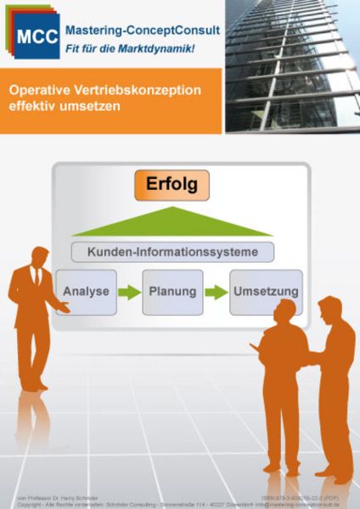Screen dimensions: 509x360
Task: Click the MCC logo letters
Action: pos(35,36)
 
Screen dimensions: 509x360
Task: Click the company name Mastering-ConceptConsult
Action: pos(143,30)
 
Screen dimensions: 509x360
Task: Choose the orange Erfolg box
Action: pos(172,184)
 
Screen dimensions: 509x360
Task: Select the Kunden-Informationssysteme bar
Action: pos(172,251)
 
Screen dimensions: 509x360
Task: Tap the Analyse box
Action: pos(86,292)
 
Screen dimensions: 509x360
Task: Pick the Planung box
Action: pos(172,292)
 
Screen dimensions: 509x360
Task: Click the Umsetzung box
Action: pos(265,292)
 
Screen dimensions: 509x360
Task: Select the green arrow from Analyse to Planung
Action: pos(129,293)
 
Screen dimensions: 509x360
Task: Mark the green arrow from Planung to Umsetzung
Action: pos(217,293)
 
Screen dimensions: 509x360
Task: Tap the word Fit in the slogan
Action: pos(74,49)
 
